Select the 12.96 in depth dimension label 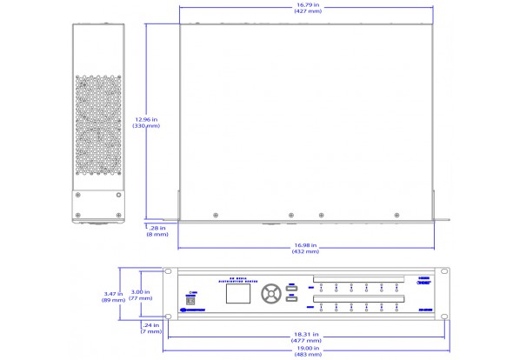coord(145,122)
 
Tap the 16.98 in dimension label coord(305,248)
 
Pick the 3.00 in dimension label coord(140,295)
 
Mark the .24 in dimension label coord(151,328)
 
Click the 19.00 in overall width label coord(308,351)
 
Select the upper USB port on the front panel coord(292,288)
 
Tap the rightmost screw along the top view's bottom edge coord(396,214)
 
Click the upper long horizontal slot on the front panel coord(357,280)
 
